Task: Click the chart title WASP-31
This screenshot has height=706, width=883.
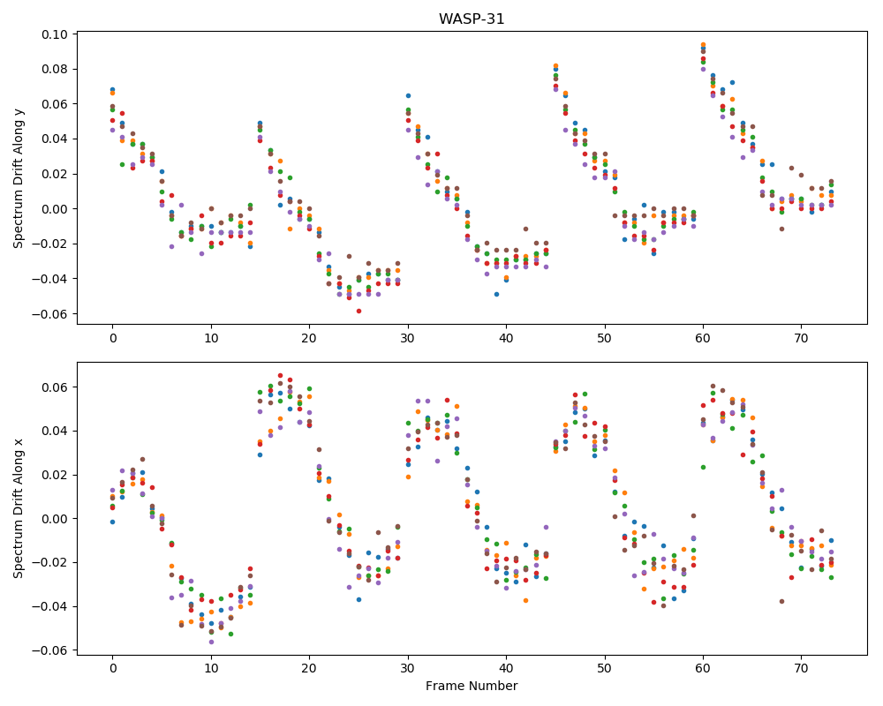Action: pyautogui.click(x=472, y=19)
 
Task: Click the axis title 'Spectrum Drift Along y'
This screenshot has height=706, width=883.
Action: pyautogui.click(x=19, y=177)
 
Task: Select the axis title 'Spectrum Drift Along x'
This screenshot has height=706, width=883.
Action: pyautogui.click(x=19, y=508)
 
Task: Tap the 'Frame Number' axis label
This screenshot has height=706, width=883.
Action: pyautogui.click(x=472, y=686)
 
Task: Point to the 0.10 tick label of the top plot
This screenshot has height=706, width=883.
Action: pyautogui.click(x=55, y=34)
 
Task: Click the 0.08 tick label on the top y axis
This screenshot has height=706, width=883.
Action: pyautogui.click(x=55, y=69)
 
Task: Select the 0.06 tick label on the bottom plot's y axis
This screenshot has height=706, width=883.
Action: pyautogui.click(x=55, y=387)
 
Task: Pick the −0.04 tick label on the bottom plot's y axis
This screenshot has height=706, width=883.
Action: pyautogui.click(x=50, y=606)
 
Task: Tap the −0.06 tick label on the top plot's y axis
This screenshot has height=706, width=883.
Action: pyautogui.click(x=50, y=314)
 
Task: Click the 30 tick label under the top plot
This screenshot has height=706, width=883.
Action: pyautogui.click(x=408, y=338)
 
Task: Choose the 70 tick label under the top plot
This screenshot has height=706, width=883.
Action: pyautogui.click(x=801, y=338)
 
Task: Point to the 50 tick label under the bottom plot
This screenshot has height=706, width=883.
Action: pyautogui.click(x=605, y=669)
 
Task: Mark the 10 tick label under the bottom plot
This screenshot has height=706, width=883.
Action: pyautogui.click(x=211, y=669)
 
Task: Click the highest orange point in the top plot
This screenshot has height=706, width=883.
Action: pyautogui.click(x=703, y=44)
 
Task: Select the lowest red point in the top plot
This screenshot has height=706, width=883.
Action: pyautogui.click(x=358, y=311)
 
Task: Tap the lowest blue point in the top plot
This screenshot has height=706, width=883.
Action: pyautogui.click(x=496, y=294)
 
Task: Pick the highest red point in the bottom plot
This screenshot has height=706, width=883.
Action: pyautogui.click(x=280, y=376)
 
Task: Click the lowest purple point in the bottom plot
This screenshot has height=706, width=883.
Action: pyautogui.click(x=211, y=642)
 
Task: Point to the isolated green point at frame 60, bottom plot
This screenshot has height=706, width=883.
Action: pyautogui.click(x=703, y=467)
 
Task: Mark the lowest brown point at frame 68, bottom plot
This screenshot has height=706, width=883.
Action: pyautogui.click(x=781, y=601)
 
